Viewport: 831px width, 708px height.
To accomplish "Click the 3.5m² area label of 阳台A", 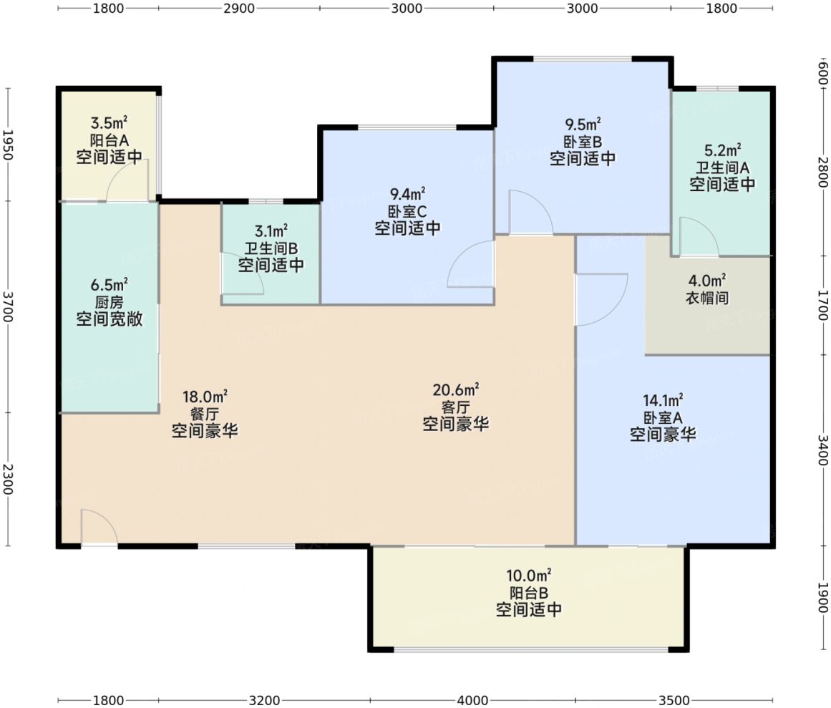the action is point(110,123).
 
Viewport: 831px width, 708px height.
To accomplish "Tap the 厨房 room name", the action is point(110,302).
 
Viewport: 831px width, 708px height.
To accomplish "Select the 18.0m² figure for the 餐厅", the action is point(205,397).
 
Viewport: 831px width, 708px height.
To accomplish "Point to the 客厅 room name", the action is point(456,407).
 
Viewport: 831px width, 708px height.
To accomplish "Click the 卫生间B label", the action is point(271,248).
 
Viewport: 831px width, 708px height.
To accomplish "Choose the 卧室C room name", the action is point(407,211).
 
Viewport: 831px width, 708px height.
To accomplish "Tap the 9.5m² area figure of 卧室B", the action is point(583,125).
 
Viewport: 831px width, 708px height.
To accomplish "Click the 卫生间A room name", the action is point(722,168).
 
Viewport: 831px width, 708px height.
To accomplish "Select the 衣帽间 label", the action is point(707,298).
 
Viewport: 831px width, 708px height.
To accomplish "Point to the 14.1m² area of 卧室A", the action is point(663,400).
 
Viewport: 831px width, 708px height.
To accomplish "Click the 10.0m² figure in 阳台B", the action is point(528,575).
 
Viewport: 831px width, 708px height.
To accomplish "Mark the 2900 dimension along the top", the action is point(239,9).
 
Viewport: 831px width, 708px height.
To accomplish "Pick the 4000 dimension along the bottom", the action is point(472,701).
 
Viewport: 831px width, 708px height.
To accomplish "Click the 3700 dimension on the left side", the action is point(7,306).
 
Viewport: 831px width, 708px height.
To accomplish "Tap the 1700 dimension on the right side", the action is point(822,305).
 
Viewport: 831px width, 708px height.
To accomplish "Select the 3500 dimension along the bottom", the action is point(674,701).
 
